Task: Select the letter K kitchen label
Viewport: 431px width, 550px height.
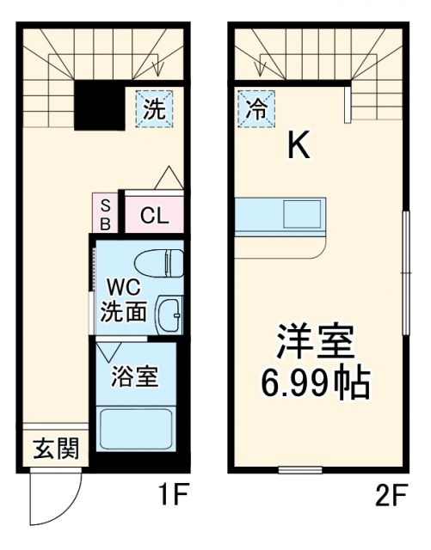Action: tap(299, 148)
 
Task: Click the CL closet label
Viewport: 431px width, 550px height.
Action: tap(155, 216)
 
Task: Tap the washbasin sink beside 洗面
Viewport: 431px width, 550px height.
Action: tap(169, 316)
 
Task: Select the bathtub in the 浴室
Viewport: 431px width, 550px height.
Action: tap(134, 429)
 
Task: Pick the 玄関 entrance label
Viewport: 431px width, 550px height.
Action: tap(56, 448)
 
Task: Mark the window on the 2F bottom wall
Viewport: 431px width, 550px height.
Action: tap(299, 469)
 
